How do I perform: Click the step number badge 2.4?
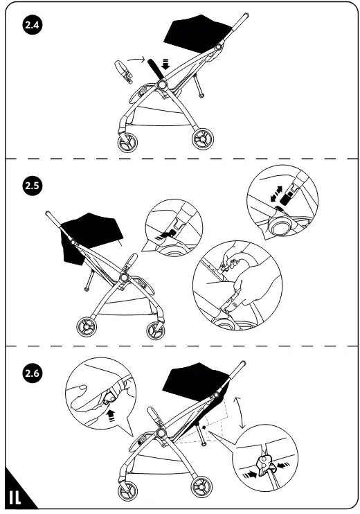coord(33,25)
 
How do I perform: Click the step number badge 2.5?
coord(33,186)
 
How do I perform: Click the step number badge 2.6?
coord(33,373)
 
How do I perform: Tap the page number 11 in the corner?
coord(15,497)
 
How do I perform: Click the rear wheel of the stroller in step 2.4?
coord(202,139)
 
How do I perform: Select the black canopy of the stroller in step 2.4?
coord(197,32)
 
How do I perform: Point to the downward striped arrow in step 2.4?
coord(166,64)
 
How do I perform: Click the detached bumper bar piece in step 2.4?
coord(124,72)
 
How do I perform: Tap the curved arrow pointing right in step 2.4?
coord(136,59)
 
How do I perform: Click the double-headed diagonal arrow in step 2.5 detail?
coord(276,193)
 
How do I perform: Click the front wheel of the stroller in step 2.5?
coord(156,330)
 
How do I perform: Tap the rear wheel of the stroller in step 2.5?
coord(87,327)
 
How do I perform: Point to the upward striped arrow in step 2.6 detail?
coord(111,416)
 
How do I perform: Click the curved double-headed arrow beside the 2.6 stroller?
coord(240,412)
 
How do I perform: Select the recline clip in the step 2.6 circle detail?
coord(264,465)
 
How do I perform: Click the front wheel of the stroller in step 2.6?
coord(127,491)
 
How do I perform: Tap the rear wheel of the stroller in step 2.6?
coord(201,486)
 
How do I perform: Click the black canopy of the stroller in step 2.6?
coord(197,380)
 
